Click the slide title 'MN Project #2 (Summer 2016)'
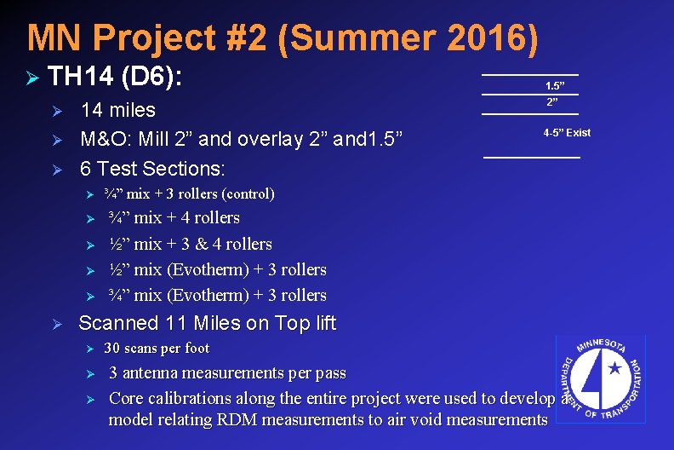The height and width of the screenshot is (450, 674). pyautogui.click(x=283, y=37)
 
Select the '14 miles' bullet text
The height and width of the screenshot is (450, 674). pyautogui.click(x=117, y=110)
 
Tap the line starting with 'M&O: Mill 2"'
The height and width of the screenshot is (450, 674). pyautogui.click(x=242, y=138)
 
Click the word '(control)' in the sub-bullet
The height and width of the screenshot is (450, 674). pyautogui.click(x=248, y=193)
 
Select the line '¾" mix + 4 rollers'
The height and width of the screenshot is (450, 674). pyautogui.click(x=174, y=217)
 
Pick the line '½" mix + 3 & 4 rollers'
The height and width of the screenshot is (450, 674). pyautogui.click(x=191, y=244)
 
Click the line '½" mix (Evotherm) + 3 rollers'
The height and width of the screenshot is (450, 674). pyautogui.click(x=218, y=269)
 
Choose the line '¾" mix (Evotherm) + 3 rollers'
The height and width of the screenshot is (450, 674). pyautogui.click(x=218, y=295)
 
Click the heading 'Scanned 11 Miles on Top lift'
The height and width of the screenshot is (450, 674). pyautogui.click(x=207, y=323)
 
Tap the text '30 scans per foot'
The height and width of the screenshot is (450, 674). pyautogui.click(x=157, y=348)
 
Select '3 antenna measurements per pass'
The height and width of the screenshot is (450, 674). pyautogui.click(x=227, y=372)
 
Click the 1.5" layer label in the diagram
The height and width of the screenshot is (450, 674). pyautogui.click(x=555, y=86)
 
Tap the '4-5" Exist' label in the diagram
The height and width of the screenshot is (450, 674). pyautogui.click(x=567, y=132)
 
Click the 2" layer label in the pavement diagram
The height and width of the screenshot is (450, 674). pyautogui.click(x=552, y=102)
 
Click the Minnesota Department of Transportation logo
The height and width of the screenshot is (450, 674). pyautogui.click(x=600, y=377)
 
